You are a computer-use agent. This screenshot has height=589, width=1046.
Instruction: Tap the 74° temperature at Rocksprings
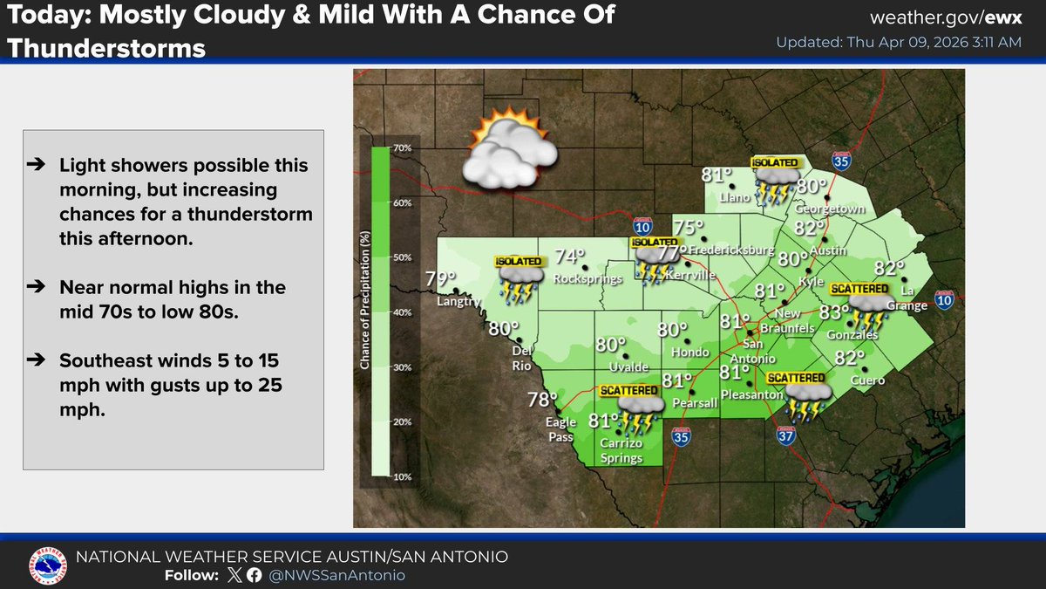569,256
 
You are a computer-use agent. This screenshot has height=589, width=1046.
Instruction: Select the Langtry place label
458,302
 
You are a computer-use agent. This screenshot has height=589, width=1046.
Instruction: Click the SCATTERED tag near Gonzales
859,289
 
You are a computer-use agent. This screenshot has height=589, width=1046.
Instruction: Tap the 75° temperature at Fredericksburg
689,228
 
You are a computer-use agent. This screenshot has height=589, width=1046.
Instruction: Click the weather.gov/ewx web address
946,18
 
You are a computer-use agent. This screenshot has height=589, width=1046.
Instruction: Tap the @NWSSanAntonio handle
337,575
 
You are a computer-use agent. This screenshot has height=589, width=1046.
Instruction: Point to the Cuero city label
868,380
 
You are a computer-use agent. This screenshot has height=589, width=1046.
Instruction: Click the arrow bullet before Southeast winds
42,360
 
